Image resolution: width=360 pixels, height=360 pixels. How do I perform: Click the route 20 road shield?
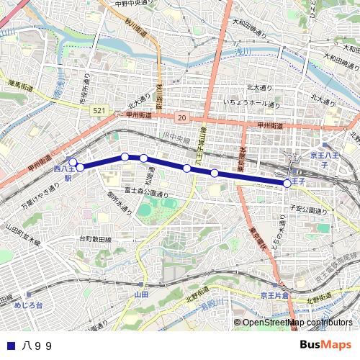coord(181,117)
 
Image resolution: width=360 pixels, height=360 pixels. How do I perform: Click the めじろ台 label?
coord(28,305)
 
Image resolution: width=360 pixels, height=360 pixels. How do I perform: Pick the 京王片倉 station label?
coord(274,295)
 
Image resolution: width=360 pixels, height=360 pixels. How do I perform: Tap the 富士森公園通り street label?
coord(146,192)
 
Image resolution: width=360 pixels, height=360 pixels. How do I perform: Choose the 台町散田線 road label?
coord(96,238)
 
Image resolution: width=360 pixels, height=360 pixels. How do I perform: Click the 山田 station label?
coord(140,295)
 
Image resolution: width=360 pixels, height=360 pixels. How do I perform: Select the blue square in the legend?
coord(9,346)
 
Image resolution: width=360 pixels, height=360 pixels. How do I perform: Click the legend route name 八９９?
coord(37,346)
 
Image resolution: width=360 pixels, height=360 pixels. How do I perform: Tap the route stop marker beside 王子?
coord(287,183)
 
